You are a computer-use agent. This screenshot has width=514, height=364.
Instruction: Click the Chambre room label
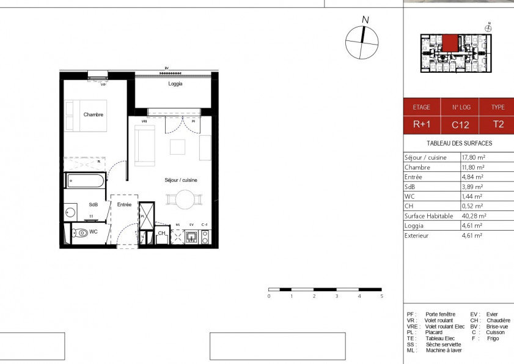pyautogui.click(x=94, y=114)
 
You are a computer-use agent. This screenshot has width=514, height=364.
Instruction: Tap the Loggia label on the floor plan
pyautogui.click(x=175, y=84)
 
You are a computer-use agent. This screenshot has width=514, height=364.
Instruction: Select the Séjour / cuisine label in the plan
pyautogui.click(x=180, y=180)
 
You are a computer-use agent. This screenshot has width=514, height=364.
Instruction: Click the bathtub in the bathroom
pyautogui.click(x=85, y=181)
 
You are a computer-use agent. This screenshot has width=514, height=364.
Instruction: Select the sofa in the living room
pyautogui.click(x=145, y=147)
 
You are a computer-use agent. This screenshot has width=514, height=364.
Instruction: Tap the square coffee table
pyautogui.click(x=177, y=147)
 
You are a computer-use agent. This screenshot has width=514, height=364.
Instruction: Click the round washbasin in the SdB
pyautogui.click(x=70, y=213)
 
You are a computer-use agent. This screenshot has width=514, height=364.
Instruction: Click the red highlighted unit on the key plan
pyautogui.click(x=450, y=43)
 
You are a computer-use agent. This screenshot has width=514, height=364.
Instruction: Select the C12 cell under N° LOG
pyautogui.click(x=460, y=125)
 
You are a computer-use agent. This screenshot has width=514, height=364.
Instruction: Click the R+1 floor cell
pyautogui.click(x=421, y=125)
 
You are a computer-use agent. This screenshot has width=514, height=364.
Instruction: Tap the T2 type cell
pyautogui.click(x=498, y=125)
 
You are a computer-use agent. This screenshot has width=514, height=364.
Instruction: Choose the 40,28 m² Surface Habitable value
pyautogui.click(x=474, y=216)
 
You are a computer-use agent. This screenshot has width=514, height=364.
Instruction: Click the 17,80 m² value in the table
pyautogui.click(x=473, y=157)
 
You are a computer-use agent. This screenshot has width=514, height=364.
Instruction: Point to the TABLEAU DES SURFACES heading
pyautogui.click(x=458, y=143)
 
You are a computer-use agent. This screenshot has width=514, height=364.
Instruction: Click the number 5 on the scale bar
pyautogui.click(x=381, y=296)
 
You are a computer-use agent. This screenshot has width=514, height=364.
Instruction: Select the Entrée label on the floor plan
pyautogui.click(x=125, y=205)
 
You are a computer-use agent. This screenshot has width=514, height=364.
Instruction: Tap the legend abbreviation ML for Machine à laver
pyautogui.click(x=411, y=350)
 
